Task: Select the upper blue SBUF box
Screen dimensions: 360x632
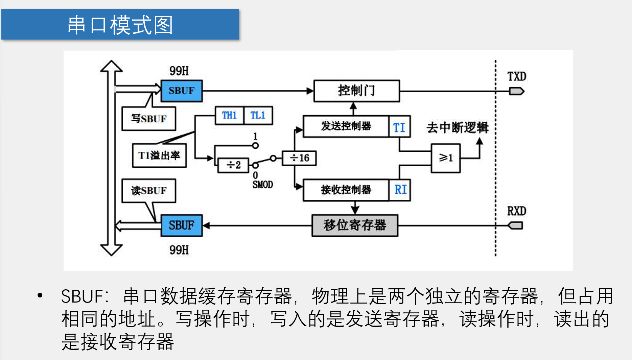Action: click(x=182, y=91)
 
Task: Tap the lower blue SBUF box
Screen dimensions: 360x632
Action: click(x=182, y=225)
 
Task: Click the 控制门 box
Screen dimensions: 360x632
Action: click(x=356, y=91)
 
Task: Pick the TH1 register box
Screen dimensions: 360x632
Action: click(x=229, y=116)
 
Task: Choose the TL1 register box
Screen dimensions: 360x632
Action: click(x=258, y=116)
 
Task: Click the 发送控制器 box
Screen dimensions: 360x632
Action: click(x=346, y=126)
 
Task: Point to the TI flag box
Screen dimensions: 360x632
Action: click(x=399, y=127)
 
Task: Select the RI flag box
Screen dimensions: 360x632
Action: click(x=400, y=190)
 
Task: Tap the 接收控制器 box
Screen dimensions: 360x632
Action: click(x=346, y=190)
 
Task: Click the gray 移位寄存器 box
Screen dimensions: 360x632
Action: click(x=355, y=225)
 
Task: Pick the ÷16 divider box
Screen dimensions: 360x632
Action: click(x=299, y=158)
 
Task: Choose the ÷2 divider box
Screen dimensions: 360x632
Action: click(x=233, y=165)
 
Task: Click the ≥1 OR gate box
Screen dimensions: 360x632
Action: click(x=445, y=158)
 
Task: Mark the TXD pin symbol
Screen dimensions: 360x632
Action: click(x=516, y=91)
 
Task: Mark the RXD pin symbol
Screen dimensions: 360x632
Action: click(x=516, y=225)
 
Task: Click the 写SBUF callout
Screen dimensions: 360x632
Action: click(x=149, y=119)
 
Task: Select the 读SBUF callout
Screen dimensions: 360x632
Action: click(x=149, y=191)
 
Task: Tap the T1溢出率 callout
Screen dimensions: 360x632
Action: click(x=159, y=155)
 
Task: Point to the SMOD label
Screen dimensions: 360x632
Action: click(x=263, y=185)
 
